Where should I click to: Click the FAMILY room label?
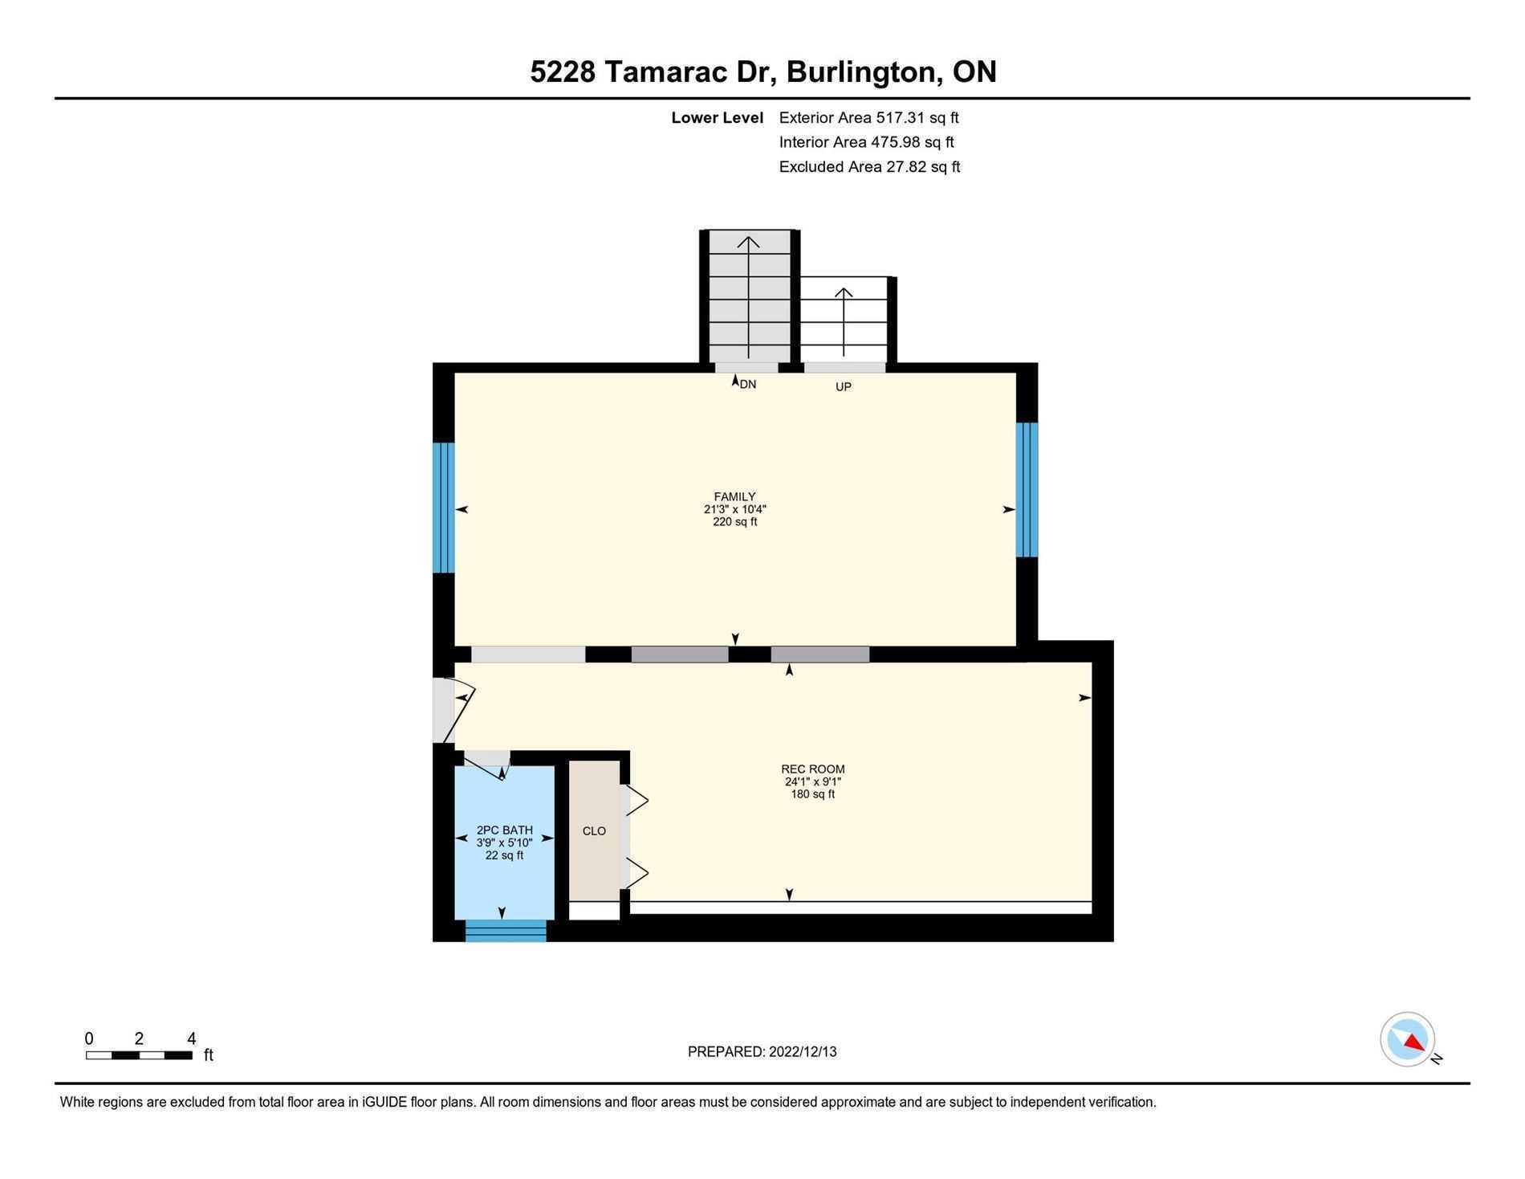(x=734, y=497)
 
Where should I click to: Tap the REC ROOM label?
(x=812, y=769)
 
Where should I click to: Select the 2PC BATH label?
(x=504, y=830)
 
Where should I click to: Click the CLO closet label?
(x=594, y=831)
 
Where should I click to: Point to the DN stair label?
(x=747, y=385)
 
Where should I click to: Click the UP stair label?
(x=843, y=387)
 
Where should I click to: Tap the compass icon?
(x=1408, y=1039)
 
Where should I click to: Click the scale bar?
(x=139, y=1055)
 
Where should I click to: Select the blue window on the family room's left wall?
(x=444, y=508)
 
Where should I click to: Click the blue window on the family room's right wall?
(x=1027, y=490)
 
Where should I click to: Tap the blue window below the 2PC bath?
(x=506, y=931)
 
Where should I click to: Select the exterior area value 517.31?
(x=900, y=118)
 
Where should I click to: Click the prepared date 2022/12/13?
(x=803, y=1052)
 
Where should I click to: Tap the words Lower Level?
(x=718, y=118)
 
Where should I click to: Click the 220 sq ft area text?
(x=734, y=522)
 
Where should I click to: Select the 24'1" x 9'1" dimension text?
(x=812, y=781)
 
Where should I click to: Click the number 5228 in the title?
(x=563, y=71)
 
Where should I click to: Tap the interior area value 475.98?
(x=896, y=142)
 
